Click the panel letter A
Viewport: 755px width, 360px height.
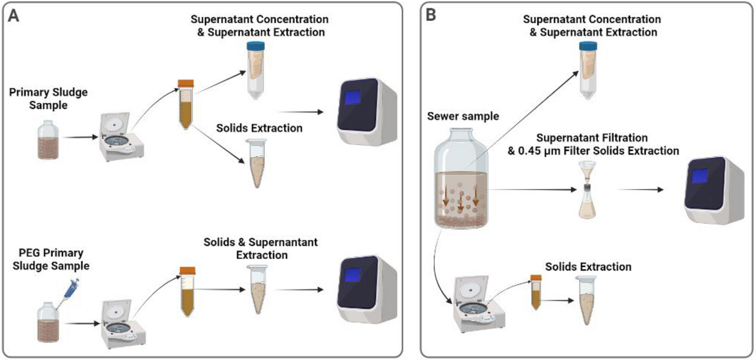[13, 16]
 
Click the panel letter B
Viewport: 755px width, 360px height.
[430, 15]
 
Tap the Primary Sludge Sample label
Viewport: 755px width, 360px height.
[48, 99]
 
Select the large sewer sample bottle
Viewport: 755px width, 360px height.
[461, 179]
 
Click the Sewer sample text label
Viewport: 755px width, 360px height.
[463, 116]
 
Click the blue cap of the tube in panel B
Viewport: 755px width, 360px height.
[588, 46]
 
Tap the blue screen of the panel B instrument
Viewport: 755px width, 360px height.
[699, 176]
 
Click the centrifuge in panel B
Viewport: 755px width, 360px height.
[479, 304]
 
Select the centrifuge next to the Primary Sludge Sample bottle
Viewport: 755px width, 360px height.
[123, 137]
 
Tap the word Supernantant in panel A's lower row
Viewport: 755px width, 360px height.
[283, 242]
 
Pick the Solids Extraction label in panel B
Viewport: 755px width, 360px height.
[588, 267]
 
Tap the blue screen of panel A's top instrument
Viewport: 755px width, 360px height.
[352, 97]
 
